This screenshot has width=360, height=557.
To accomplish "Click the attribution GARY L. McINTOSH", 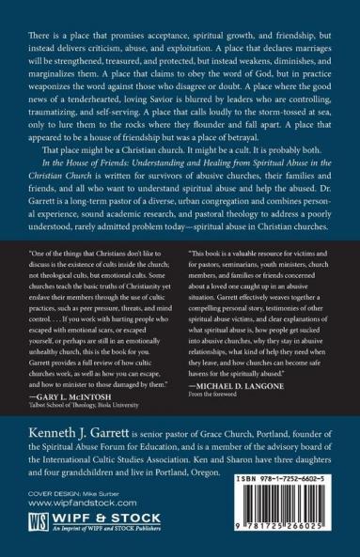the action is click(75, 398).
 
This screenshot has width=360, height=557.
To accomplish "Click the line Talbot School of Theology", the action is click(89, 407).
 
